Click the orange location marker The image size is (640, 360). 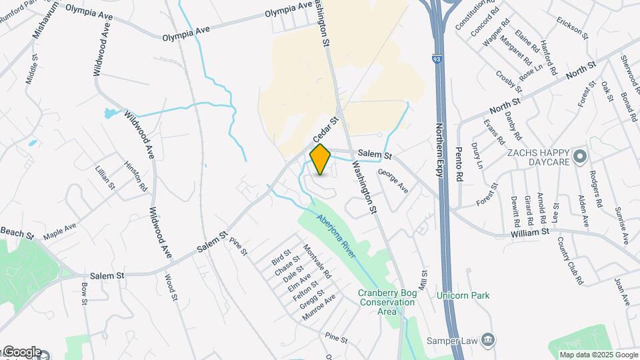[321, 159]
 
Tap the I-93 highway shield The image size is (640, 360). [436, 59]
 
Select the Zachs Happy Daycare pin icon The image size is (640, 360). [579, 157]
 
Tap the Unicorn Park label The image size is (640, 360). [463, 295]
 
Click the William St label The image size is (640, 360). [529, 231]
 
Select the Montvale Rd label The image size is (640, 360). [317, 261]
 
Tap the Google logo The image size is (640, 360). [21, 352]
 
